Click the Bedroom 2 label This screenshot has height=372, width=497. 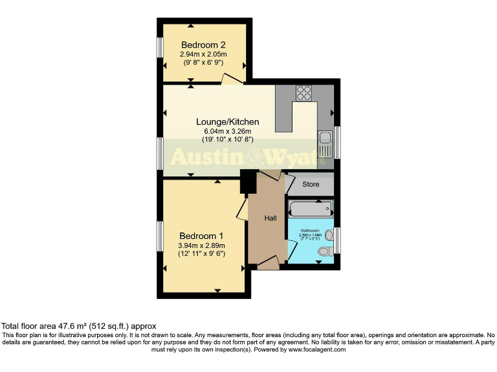203,45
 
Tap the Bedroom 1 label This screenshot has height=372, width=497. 201,235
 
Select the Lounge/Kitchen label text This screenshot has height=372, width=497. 228,121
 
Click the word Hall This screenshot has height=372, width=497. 271,218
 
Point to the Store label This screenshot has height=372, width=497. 311,185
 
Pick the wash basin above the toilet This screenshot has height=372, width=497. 329,234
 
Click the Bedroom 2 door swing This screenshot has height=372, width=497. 231,79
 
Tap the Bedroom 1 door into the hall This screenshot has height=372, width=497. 241,209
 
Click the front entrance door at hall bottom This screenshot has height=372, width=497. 268,262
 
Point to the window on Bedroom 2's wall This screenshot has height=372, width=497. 160,48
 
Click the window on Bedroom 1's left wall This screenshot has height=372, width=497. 160,236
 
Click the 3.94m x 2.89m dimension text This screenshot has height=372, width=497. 201,245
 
